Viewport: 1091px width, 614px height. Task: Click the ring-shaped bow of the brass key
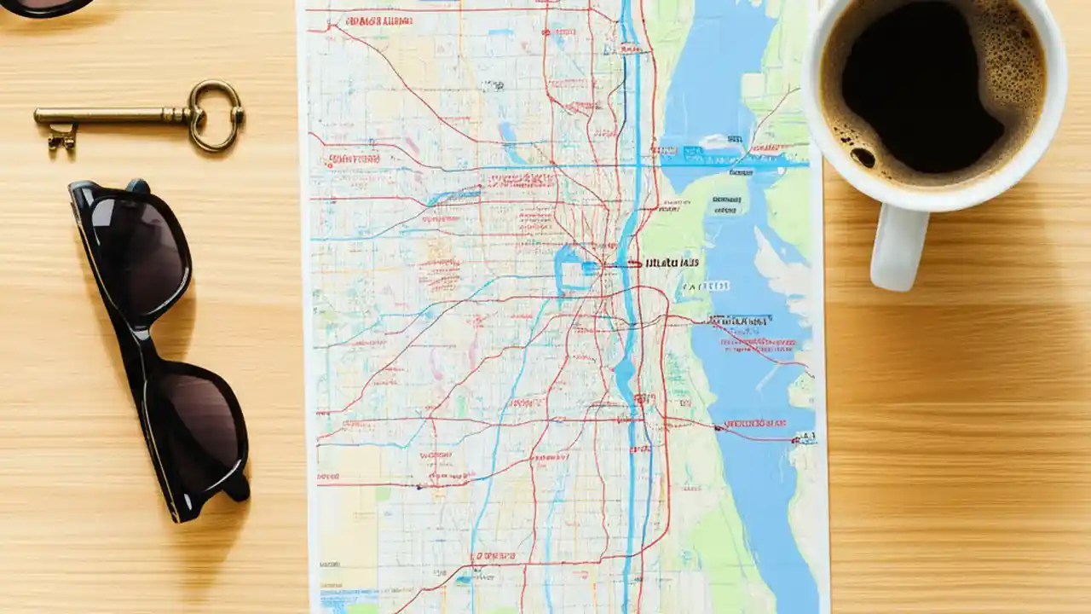(216, 116)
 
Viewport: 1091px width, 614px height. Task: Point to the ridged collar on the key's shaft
(175, 113)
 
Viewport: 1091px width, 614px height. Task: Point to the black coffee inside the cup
(929, 85)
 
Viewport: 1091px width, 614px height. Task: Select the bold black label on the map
(672, 263)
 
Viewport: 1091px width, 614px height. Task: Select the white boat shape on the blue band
(714, 142)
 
